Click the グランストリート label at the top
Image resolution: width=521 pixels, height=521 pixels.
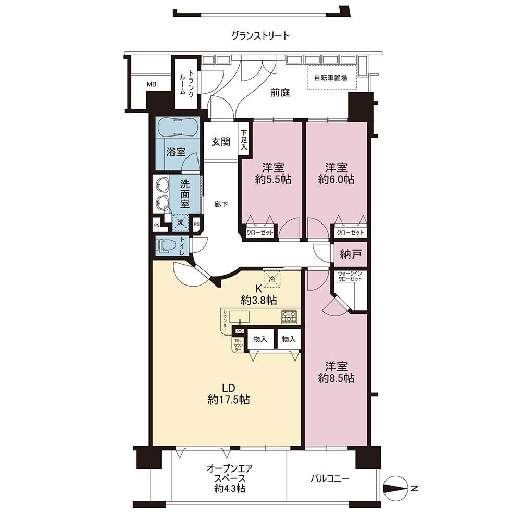(x=260, y=35)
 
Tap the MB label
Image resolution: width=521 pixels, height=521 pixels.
(x=152, y=85)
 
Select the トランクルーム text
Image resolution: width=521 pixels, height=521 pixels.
(x=187, y=83)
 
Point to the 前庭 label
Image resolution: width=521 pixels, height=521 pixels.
(x=280, y=92)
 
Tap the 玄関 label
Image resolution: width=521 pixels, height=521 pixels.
(x=221, y=142)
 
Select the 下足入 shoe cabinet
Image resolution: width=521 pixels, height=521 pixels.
(x=244, y=139)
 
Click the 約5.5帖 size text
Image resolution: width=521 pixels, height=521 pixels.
(x=273, y=180)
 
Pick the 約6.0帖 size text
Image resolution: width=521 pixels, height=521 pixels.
(x=336, y=180)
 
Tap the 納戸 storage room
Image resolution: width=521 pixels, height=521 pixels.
(x=351, y=255)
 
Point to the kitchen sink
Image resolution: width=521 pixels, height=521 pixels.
(x=240, y=317)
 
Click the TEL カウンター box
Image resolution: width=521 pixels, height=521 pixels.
(x=238, y=345)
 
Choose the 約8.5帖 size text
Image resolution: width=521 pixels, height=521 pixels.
(x=336, y=378)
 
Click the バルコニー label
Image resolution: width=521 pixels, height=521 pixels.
(x=330, y=479)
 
